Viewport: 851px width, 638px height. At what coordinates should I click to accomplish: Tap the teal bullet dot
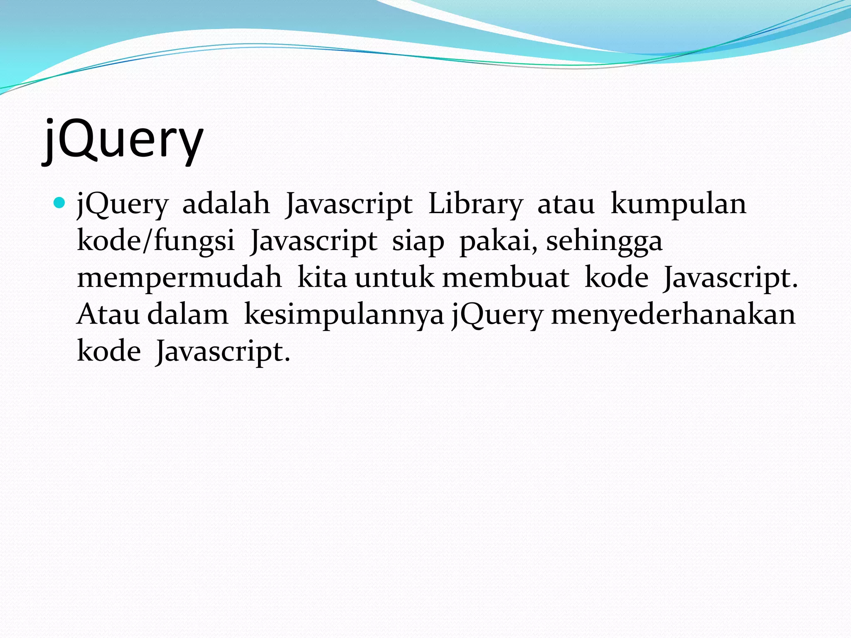(x=60, y=203)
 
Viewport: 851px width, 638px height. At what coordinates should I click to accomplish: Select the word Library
(x=475, y=205)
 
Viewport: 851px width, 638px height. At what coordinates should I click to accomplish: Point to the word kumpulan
(x=678, y=205)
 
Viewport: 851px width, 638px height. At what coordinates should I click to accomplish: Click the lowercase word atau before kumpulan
(x=566, y=205)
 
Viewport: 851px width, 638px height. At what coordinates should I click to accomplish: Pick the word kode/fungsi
(x=156, y=241)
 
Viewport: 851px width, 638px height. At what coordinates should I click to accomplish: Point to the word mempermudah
(x=180, y=278)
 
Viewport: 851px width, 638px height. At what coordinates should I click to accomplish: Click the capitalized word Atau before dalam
(x=108, y=314)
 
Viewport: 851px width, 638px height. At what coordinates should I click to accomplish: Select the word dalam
(x=188, y=314)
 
